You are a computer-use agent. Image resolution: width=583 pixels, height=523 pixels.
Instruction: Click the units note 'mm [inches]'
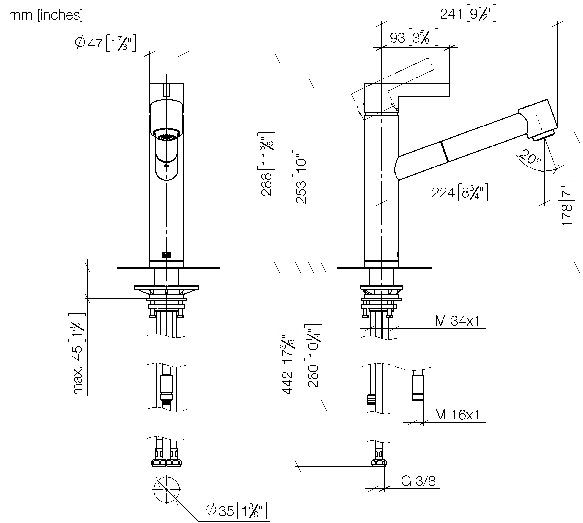tap(46, 15)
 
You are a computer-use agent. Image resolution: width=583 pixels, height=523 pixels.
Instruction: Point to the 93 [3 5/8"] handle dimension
tap(414, 38)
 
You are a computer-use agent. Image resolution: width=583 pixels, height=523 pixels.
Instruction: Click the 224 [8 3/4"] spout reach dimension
tap(460, 192)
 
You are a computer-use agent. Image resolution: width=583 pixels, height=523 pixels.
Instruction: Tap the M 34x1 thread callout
tap(457, 321)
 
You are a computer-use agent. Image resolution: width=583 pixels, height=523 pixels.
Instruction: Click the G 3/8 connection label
tap(419, 481)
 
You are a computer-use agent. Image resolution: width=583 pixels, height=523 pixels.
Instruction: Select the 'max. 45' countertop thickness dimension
tap(77, 354)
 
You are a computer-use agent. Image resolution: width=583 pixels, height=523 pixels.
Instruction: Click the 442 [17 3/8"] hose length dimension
tap(287, 363)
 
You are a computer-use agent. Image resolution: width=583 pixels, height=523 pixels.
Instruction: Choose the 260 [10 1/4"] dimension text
tap(313, 356)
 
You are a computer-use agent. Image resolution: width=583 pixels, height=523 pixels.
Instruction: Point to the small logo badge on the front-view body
tap(166, 255)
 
